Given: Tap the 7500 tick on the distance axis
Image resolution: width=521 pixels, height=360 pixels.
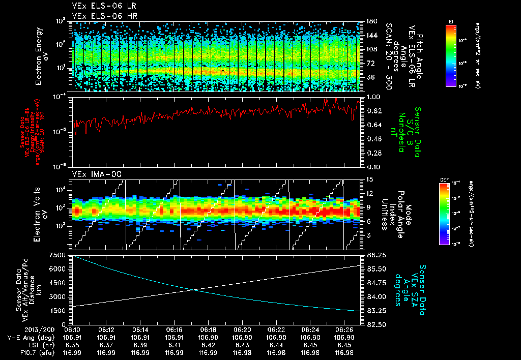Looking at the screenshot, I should [x=57, y=255].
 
